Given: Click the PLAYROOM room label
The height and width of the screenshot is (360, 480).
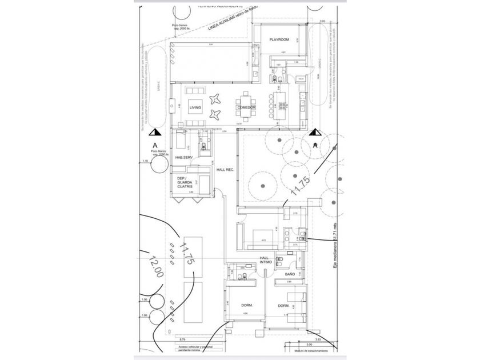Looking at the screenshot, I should click(279, 39).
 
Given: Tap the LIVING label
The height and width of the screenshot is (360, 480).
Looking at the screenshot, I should click(195, 107).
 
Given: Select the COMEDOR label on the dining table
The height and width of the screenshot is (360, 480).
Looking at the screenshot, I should click(246, 107).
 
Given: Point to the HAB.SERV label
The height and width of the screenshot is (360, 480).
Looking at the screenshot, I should click(184, 157).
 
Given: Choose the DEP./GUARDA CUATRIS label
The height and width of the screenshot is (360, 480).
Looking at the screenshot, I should click(185, 182).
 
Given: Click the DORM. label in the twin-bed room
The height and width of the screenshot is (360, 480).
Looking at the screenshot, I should click(283, 306).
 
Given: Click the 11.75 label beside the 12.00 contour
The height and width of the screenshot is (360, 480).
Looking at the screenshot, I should click(185, 255).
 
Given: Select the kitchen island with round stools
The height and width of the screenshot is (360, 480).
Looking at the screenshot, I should click(281, 106).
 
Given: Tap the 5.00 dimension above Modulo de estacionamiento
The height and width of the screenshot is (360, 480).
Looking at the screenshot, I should click(309, 345).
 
